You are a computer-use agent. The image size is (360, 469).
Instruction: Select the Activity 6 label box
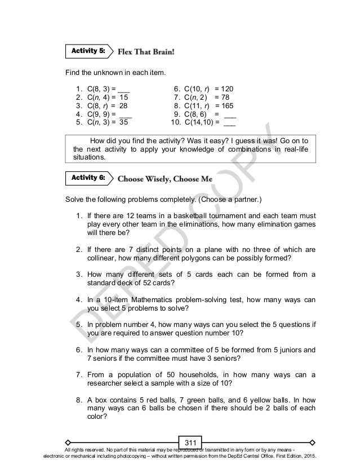click(86, 178)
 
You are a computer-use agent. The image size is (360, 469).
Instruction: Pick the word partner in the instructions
click(237, 200)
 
